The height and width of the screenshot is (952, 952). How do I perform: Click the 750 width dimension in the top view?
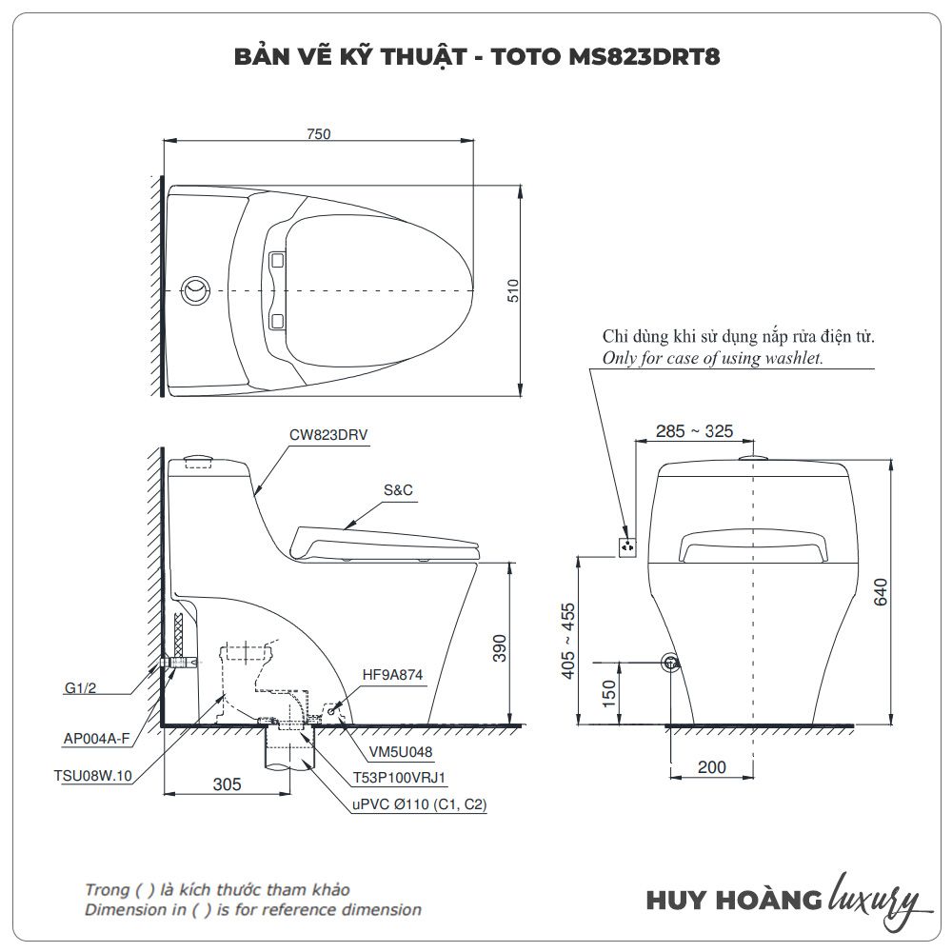319,134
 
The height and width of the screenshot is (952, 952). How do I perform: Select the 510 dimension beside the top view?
512,290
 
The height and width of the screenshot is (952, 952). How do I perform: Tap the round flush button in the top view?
196,288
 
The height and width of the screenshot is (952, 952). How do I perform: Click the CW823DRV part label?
328,434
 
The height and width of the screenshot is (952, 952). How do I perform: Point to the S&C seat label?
398,490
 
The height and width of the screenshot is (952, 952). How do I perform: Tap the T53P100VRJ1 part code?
400,778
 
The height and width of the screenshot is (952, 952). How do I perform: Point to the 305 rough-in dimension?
227,784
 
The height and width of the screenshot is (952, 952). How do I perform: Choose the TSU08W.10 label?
92,776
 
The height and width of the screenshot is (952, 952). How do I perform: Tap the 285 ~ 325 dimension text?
695,431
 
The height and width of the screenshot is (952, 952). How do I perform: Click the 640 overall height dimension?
881,591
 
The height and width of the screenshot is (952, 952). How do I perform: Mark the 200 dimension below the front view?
712,767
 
